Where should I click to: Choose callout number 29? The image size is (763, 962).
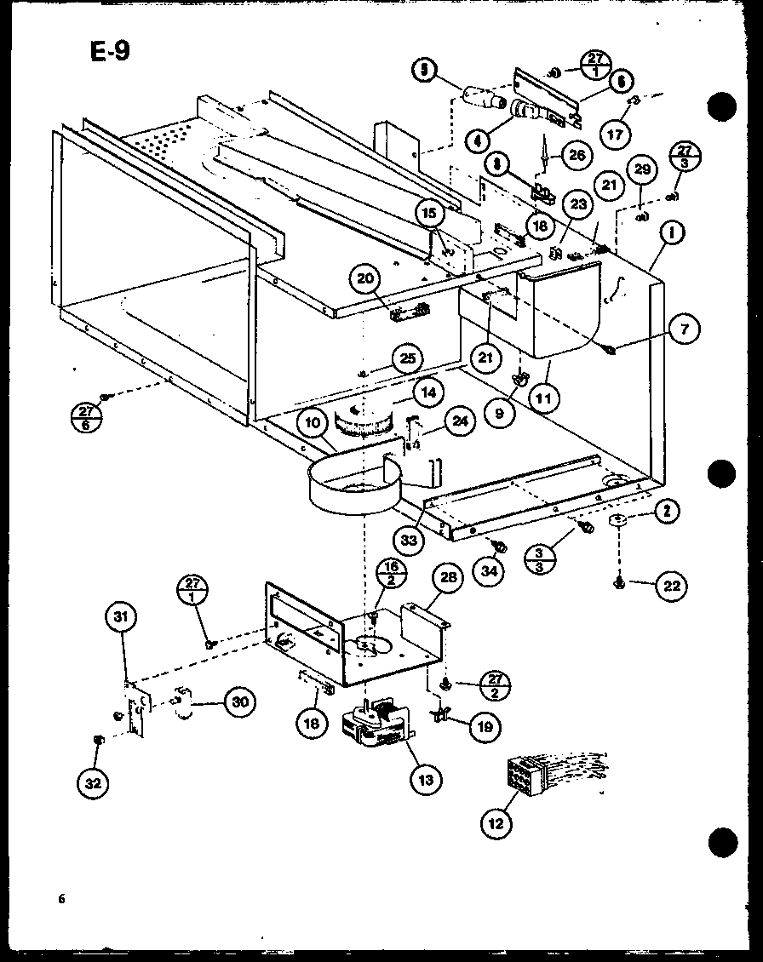pos(643,170)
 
